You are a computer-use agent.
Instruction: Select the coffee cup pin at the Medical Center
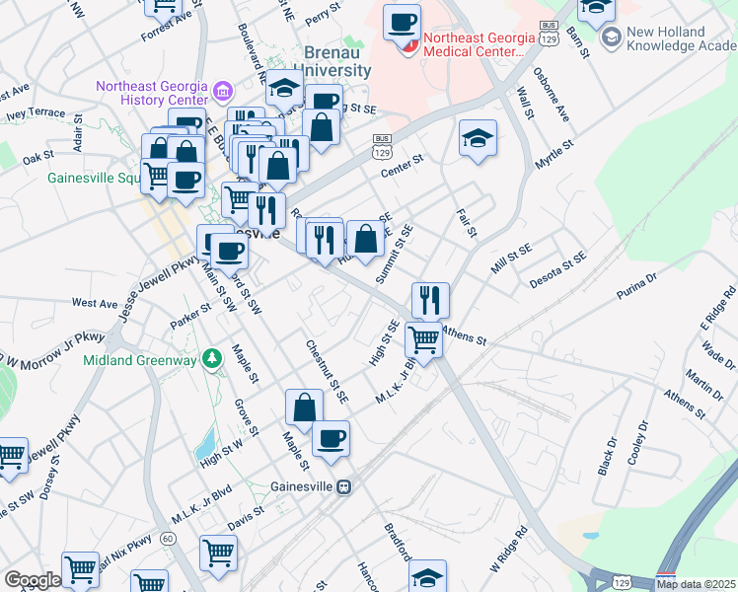[x=402, y=24]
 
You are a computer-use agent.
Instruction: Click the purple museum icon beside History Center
[x=222, y=94]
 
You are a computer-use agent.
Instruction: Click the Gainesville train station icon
[x=344, y=487]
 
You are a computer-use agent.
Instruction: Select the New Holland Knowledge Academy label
[x=681, y=37]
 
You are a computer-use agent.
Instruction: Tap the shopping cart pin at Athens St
[x=423, y=339]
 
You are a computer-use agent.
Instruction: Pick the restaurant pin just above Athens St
[x=429, y=300]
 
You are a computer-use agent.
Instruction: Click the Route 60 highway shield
[x=169, y=539]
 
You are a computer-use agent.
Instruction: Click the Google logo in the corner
[x=33, y=580]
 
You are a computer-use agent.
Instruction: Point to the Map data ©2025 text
[x=695, y=584]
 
